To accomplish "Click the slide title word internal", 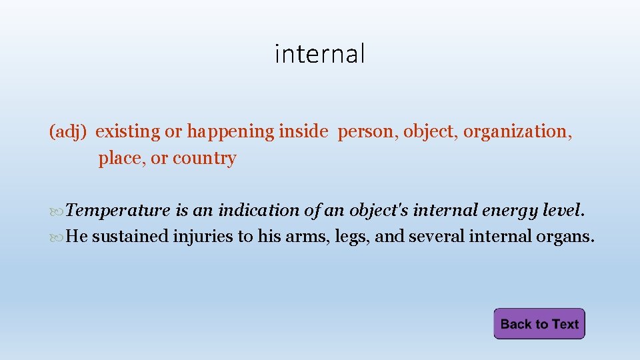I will tap(320, 53).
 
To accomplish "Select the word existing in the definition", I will tap(128, 132).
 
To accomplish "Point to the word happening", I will tap(230, 132).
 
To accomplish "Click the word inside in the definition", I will tap(303, 131).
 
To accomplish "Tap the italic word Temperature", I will tap(118, 211).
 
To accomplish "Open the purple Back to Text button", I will tap(539, 324).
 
